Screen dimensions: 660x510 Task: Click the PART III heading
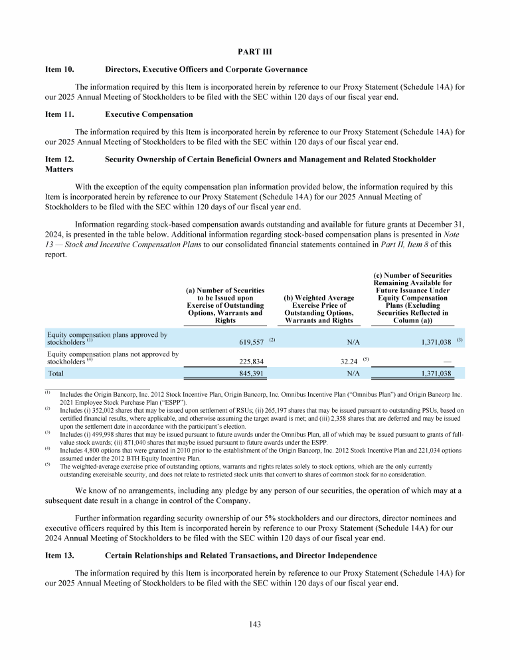tap(254, 51)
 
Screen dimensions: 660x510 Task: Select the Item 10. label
tap(59, 68)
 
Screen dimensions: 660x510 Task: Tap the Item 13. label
tap(59, 555)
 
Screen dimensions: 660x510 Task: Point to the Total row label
tap(56, 374)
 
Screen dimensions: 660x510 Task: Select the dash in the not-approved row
tap(448, 362)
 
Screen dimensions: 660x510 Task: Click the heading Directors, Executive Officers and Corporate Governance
tap(206, 68)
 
